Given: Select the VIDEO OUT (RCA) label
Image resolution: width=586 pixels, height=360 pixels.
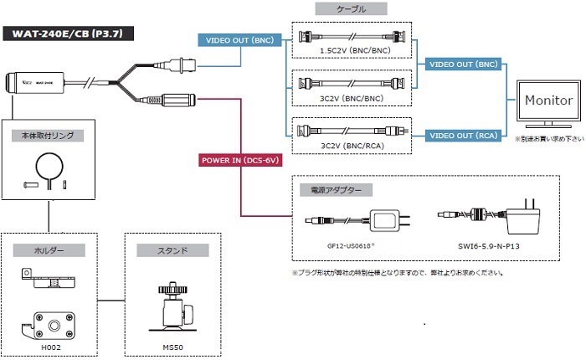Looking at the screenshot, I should click(x=463, y=135).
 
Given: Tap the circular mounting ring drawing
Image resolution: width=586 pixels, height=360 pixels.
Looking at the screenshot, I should click(x=51, y=164).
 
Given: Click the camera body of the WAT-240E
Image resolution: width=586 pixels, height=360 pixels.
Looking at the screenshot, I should click(x=37, y=83).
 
